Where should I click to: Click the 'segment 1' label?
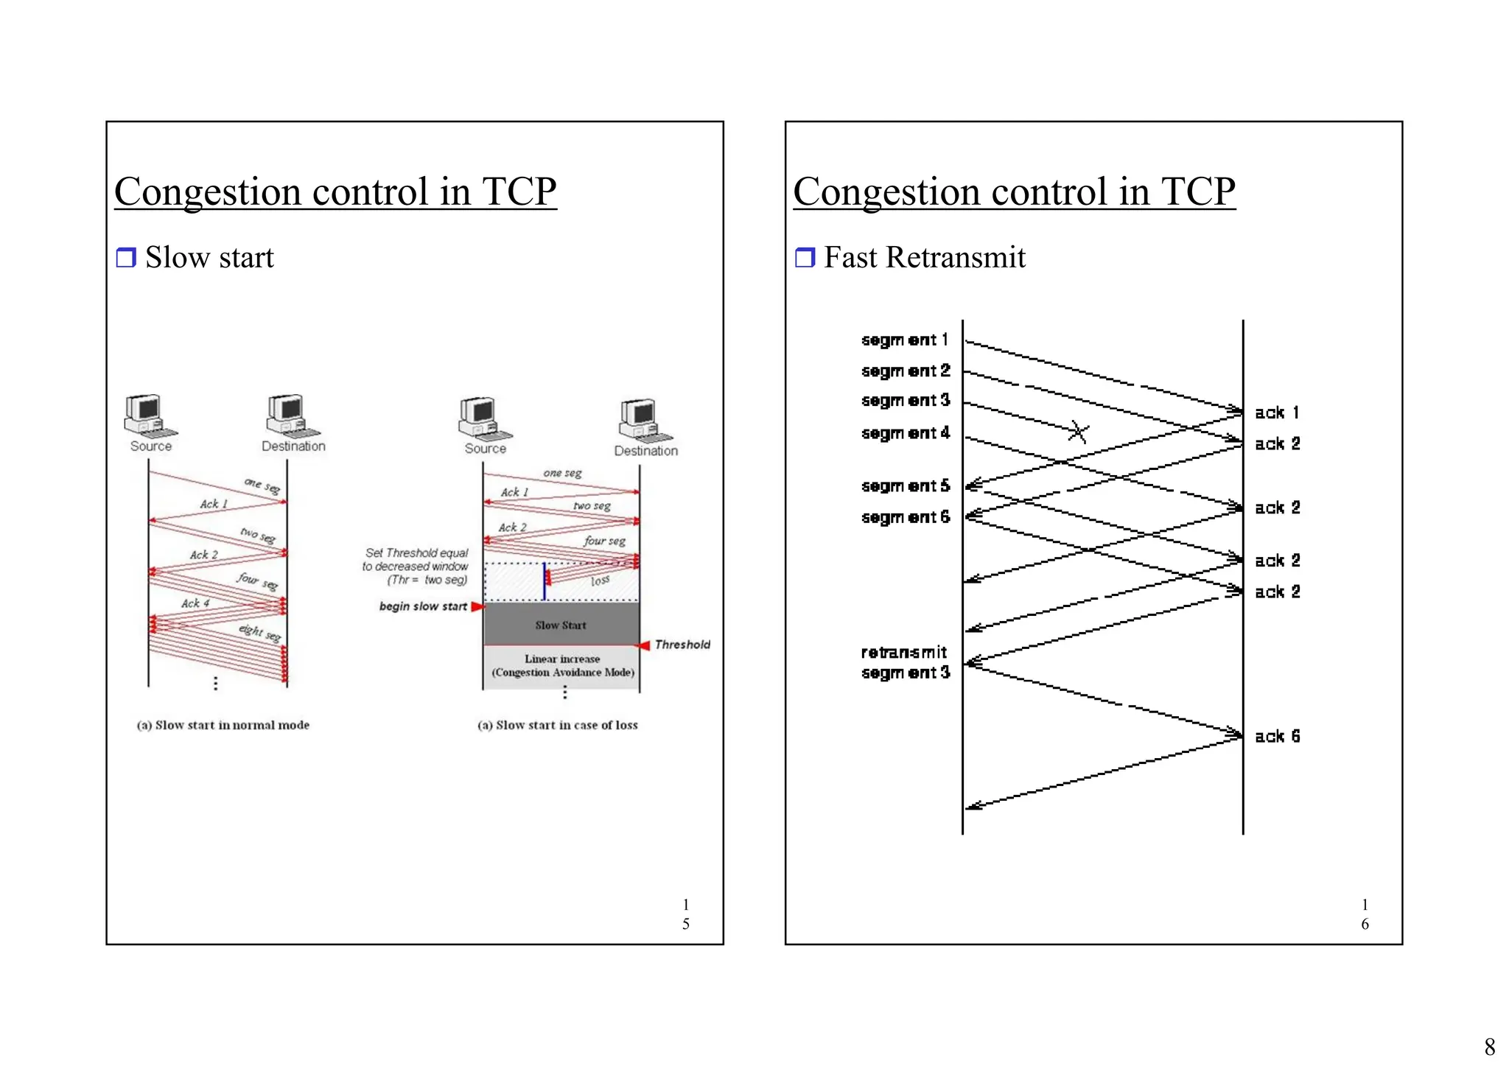pos(904,340)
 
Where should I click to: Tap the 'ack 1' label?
pos(1277,413)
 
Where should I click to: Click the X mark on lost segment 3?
pos(1078,432)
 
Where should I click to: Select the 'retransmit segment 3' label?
pos(905,662)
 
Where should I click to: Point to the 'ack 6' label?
pos(1277,736)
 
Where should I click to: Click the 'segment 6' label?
pos(905,517)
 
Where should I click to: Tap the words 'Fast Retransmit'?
pos(924,257)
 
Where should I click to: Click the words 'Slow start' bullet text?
pos(209,257)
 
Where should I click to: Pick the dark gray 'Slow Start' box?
pos(561,625)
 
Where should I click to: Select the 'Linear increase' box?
pos(562,665)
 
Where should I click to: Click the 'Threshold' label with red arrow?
pos(682,645)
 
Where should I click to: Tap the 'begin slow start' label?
pos(423,606)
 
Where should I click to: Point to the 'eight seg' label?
pos(259,632)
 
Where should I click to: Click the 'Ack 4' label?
pos(195,603)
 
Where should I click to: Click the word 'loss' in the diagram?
pos(600,581)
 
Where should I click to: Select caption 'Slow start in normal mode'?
pos(223,725)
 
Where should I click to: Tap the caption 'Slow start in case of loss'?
pos(558,725)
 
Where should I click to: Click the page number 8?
pos(1489,1046)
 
